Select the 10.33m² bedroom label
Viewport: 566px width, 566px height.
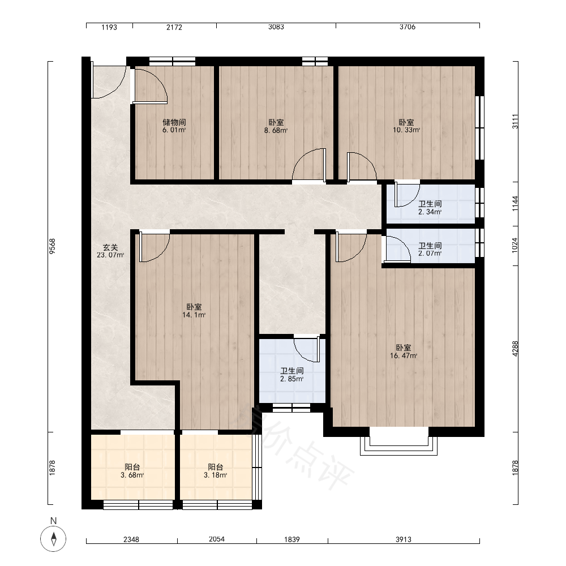[x=406, y=126]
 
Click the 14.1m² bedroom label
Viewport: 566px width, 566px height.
[x=194, y=311]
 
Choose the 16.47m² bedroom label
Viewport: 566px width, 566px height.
[x=404, y=351]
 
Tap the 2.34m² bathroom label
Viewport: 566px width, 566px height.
[x=430, y=208]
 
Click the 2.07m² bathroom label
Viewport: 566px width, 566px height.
[x=430, y=250]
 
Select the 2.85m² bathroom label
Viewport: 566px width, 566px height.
[x=292, y=375]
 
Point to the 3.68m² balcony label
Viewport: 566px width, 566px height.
[x=132, y=471]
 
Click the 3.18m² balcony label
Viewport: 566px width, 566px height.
[x=216, y=471]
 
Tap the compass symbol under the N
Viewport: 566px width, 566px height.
[x=53, y=539]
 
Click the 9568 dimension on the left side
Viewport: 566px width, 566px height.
[x=52, y=247]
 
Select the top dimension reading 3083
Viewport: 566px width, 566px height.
[x=276, y=27]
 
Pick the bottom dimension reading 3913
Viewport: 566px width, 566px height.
[x=403, y=539]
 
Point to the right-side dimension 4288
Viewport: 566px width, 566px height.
[x=515, y=349]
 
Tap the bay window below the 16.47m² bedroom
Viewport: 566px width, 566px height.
[x=399, y=441]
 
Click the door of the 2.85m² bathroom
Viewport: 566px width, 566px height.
[x=307, y=349]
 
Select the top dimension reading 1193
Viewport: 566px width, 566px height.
[x=109, y=27]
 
